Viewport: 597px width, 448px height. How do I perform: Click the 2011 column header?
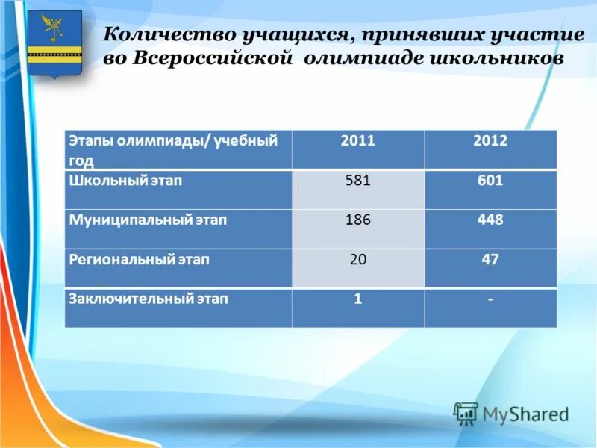[x=358, y=140]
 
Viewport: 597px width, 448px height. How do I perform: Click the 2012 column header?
[x=490, y=140]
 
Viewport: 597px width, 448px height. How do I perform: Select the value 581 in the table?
[x=358, y=181]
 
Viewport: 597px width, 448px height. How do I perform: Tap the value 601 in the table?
[x=490, y=181]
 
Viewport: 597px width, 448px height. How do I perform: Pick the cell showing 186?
[x=358, y=220]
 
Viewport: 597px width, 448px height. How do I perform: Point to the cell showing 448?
[x=490, y=220]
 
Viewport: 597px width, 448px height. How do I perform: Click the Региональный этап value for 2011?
[x=358, y=260]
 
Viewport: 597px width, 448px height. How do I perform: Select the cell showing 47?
[x=490, y=260]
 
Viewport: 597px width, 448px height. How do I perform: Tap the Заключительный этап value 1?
[x=358, y=299]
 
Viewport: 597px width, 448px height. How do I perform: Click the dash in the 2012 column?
[x=490, y=299]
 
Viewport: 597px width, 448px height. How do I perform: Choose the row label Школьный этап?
[x=125, y=181]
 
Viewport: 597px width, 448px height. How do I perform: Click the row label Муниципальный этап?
[x=148, y=220]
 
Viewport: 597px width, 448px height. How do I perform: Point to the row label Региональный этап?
[x=139, y=260]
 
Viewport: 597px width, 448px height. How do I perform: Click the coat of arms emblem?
[x=54, y=43]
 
